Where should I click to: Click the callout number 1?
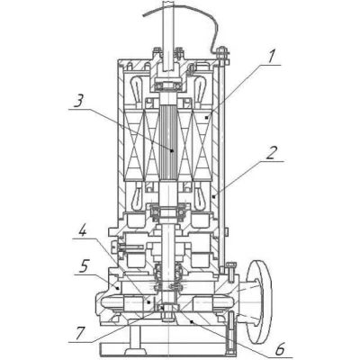[271, 56]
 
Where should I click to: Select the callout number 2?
[272, 153]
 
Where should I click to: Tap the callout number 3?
[77, 103]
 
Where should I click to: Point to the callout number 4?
[83, 229]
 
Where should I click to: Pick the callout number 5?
[84, 266]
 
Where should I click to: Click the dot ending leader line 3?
[172, 151]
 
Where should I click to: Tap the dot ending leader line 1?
[206, 118]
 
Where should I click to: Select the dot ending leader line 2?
[213, 197]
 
